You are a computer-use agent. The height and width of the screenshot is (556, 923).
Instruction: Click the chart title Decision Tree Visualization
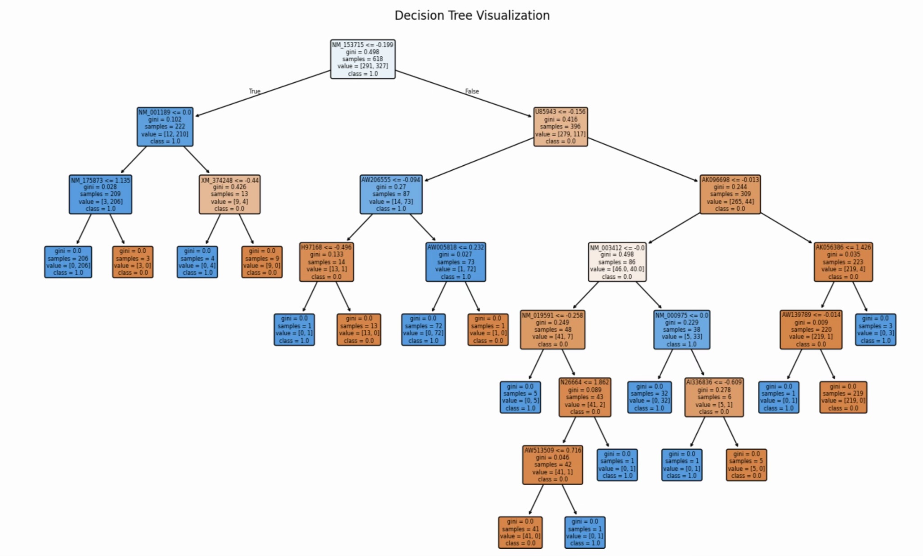click(x=472, y=15)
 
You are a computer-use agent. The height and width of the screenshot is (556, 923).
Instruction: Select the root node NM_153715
click(x=363, y=59)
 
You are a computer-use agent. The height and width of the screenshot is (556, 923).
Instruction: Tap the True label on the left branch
click(x=255, y=91)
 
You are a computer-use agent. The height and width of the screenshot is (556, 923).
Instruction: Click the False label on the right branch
click(x=472, y=91)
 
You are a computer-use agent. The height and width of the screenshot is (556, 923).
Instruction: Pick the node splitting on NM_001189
click(x=165, y=127)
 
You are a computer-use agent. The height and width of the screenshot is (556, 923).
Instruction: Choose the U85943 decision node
click(x=560, y=127)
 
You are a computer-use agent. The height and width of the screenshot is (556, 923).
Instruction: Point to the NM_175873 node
click(x=101, y=194)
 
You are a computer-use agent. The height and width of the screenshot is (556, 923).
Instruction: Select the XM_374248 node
click(x=229, y=194)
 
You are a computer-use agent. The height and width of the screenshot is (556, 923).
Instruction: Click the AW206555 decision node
click(x=391, y=194)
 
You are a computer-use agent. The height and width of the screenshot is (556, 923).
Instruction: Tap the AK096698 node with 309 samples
click(x=730, y=194)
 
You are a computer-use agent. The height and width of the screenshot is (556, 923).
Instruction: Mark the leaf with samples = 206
click(x=68, y=262)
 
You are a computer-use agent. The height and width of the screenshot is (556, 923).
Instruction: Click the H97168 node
click(x=326, y=262)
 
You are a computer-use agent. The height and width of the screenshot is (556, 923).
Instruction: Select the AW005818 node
click(x=456, y=262)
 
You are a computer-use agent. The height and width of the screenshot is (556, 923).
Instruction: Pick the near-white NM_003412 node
click(x=617, y=262)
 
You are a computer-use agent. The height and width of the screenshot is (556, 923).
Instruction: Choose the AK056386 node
click(x=843, y=262)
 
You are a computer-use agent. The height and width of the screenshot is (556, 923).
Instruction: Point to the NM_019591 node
click(x=553, y=329)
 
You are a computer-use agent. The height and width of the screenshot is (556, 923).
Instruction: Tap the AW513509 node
click(x=553, y=465)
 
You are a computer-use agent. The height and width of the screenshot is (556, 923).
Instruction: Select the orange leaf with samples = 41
click(x=520, y=532)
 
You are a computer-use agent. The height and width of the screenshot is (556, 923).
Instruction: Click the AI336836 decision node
click(x=714, y=397)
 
